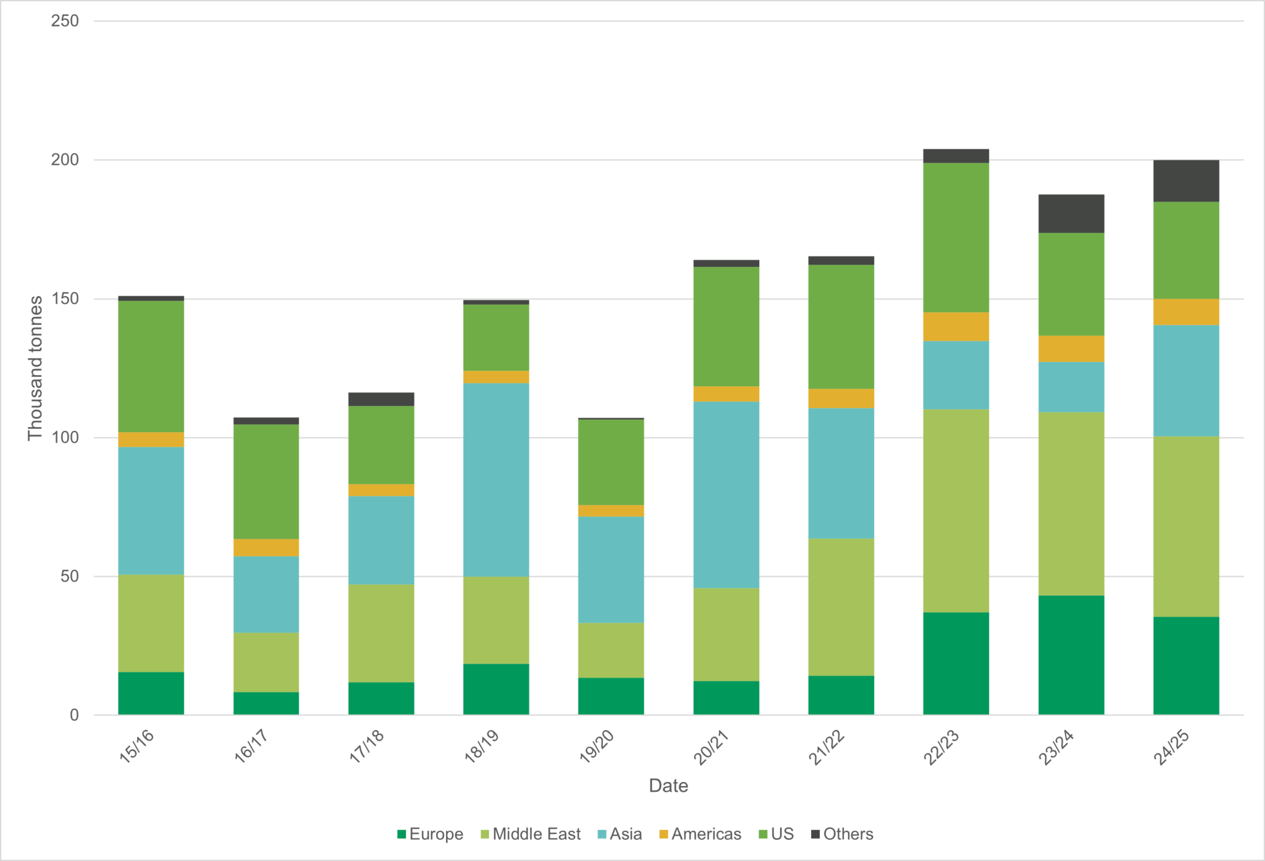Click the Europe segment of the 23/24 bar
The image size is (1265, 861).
pyautogui.click(x=1071, y=655)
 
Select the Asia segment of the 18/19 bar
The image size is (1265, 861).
pyautogui.click(x=496, y=480)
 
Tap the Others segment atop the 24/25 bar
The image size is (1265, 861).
pyautogui.click(x=1186, y=181)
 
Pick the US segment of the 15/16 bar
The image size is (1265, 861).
pyautogui.click(x=151, y=366)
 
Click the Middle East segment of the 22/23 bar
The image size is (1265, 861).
pyautogui.click(x=956, y=511)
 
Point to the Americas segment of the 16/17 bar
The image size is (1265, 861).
pyautogui.click(x=266, y=548)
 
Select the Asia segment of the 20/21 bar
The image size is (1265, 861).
pyautogui.click(x=726, y=494)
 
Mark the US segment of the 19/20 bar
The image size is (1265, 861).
pyautogui.click(x=611, y=462)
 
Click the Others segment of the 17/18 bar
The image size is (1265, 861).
pyautogui.click(x=381, y=399)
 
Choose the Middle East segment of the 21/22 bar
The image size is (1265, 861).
pyautogui.click(x=841, y=607)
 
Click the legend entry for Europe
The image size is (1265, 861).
pyautogui.click(x=431, y=834)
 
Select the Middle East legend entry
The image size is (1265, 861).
pyautogui.click(x=531, y=834)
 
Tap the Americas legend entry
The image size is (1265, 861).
pyautogui.click(x=700, y=834)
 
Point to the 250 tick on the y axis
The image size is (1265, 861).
pyautogui.click(x=65, y=21)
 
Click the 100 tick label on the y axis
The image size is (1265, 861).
pyautogui.click(x=65, y=438)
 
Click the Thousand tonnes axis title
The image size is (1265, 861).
pyautogui.click(x=35, y=368)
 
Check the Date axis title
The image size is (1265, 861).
pyautogui.click(x=668, y=786)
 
